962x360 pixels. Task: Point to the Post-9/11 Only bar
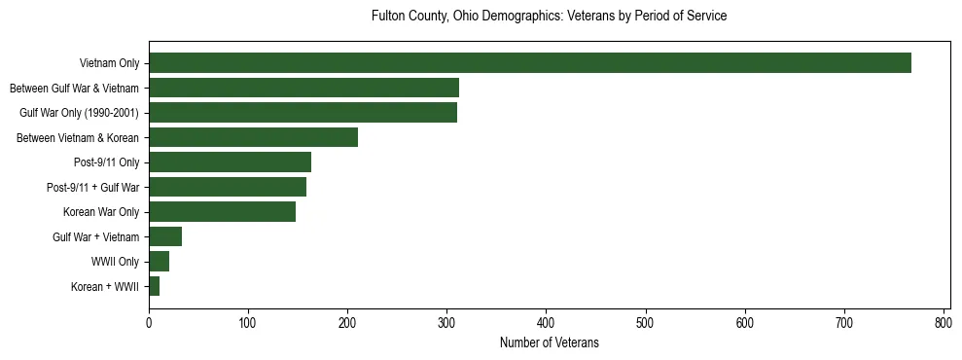coord(230,162)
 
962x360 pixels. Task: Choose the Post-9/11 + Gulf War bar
coord(228,187)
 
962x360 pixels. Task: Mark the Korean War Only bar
coord(222,211)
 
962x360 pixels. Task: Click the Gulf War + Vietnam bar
coord(165,236)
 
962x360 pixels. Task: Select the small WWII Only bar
coord(159,261)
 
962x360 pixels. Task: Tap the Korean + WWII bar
coord(154,286)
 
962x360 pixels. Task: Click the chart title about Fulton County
coord(550,17)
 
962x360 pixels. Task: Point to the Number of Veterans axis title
coord(550,343)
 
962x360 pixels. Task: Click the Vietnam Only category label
coord(109,64)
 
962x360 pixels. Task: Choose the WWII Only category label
coord(116,262)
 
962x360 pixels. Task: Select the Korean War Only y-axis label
coord(101,212)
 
